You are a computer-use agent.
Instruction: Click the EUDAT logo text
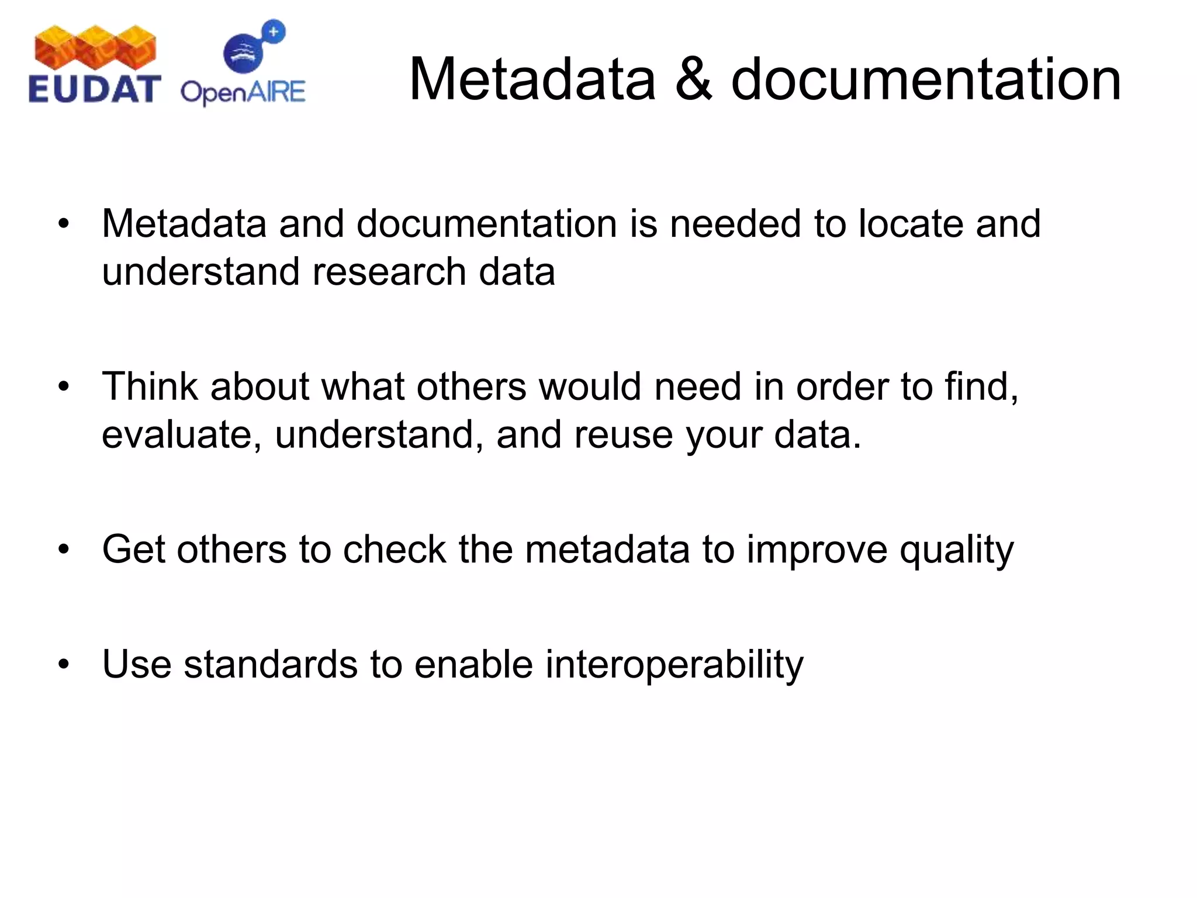point(94,89)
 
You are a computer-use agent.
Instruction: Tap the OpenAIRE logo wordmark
point(243,92)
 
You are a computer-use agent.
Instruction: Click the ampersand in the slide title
point(693,80)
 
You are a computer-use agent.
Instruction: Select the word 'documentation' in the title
point(926,80)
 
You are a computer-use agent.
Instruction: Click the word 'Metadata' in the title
point(532,80)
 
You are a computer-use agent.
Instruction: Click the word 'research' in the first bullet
point(389,272)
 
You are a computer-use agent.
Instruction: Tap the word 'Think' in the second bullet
point(150,386)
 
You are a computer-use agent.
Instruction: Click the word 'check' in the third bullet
point(395,550)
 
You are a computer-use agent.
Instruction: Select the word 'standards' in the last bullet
point(271,665)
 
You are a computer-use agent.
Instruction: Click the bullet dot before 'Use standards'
point(64,664)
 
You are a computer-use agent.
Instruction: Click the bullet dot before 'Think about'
point(64,386)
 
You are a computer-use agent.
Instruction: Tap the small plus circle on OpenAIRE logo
point(273,32)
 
